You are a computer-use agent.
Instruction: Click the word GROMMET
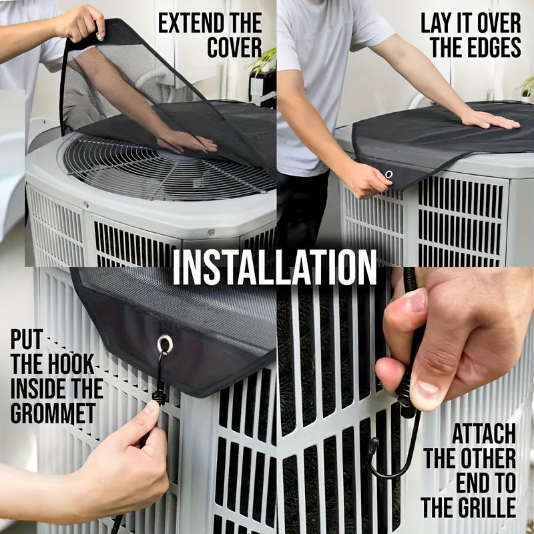tap(53, 413)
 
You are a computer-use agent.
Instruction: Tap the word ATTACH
tap(484, 435)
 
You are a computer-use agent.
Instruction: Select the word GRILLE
tap(486, 508)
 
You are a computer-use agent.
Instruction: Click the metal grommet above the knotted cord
tap(165, 344)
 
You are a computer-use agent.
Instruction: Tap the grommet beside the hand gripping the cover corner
tap(388, 175)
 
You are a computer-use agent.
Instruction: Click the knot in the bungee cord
tap(159, 396)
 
